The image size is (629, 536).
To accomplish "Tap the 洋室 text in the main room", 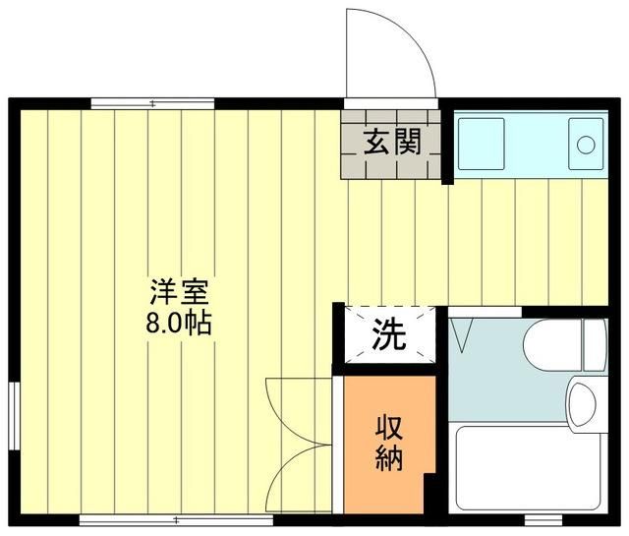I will pyautogui.click(x=178, y=292).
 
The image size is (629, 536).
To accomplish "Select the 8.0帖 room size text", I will pyautogui.click(x=178, y=324).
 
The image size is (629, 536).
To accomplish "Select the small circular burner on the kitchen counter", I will pyautogui.click(x=586, y=145).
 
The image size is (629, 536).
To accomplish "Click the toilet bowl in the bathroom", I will pyautogui.click(x=549, y=346).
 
